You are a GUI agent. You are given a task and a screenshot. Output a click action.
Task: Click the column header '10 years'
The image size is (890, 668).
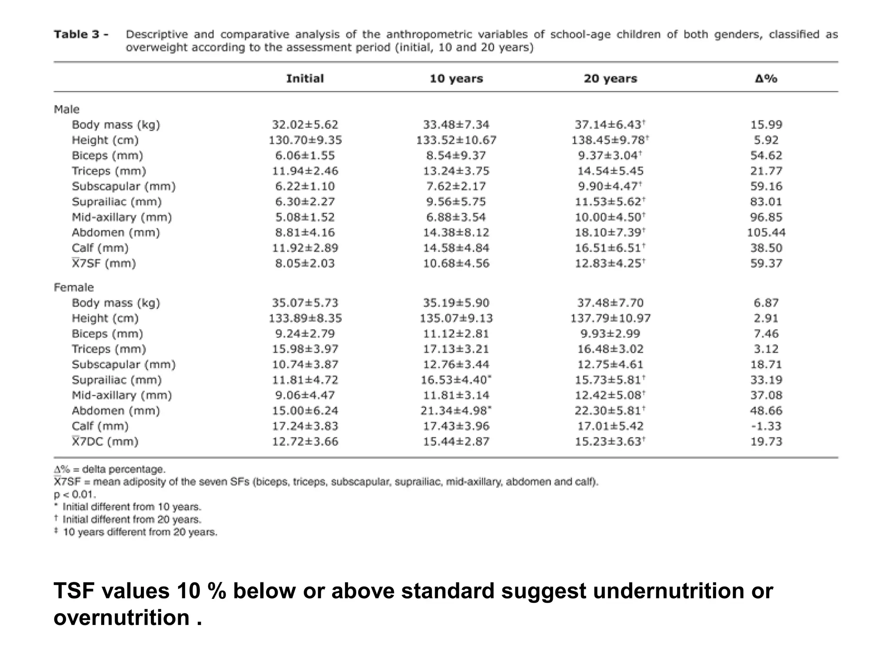456,79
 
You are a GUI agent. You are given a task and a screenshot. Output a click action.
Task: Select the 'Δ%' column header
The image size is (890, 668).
766,79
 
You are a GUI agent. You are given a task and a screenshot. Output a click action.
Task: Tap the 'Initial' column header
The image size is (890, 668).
305,79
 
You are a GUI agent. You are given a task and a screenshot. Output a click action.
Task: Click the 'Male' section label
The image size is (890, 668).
66,109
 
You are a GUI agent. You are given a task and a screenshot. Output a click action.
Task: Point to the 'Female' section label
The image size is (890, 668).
73,287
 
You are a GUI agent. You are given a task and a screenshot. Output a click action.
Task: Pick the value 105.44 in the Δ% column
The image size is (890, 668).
766,233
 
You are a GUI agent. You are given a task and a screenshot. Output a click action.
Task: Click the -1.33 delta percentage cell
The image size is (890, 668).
766,426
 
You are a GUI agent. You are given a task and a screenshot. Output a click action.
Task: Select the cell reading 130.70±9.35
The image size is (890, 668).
305,140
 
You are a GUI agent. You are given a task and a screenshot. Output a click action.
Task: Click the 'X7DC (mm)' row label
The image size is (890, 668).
105,442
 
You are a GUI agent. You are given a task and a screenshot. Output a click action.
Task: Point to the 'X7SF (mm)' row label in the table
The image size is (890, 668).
103,264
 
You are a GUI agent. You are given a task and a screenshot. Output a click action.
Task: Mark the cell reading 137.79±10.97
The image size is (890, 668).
611,318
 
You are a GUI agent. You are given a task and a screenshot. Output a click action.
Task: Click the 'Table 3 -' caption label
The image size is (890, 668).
81,35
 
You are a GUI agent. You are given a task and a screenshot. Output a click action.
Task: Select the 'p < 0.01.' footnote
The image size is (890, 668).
75,494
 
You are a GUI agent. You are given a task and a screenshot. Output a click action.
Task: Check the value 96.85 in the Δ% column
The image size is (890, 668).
766,217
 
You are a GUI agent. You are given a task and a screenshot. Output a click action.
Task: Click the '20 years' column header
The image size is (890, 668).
611,79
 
